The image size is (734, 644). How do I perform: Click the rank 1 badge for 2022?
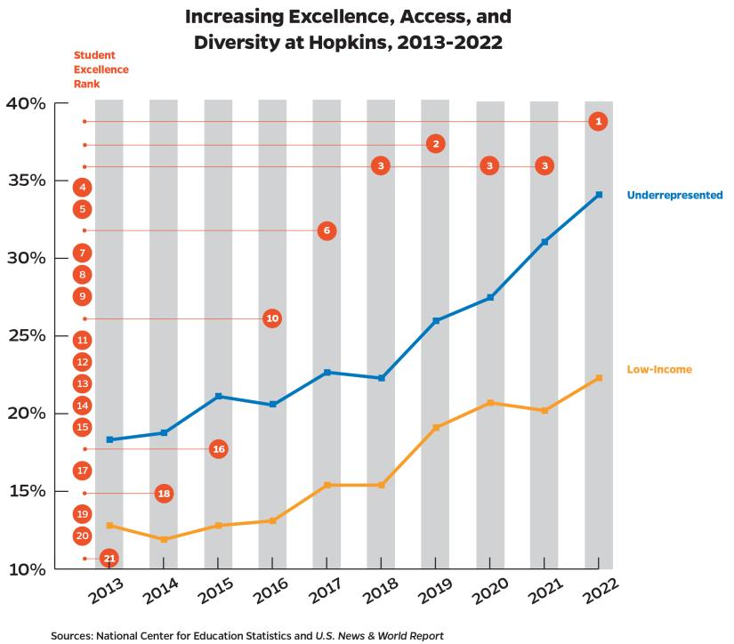[599, 121]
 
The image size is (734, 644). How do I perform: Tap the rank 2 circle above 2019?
[435, 143]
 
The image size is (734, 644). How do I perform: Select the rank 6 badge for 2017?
[327, 230]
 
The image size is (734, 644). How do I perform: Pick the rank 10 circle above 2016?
[272, 318]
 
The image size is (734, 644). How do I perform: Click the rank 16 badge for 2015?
[218, 449]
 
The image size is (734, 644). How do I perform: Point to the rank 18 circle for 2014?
[164, 493]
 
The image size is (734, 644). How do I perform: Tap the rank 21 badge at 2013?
[109, 558]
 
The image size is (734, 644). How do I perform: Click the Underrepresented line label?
[674, 195]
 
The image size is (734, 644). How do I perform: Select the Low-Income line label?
[659, 369]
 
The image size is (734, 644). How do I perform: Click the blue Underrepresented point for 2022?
[599, 195]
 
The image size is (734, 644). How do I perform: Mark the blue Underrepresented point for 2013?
[109, 439]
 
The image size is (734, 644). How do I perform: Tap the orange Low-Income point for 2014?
[164, 539]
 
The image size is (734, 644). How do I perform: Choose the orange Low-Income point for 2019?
[435, 428]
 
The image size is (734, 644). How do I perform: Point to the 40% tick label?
[26, 103]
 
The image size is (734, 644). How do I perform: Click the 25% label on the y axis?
[26, 336]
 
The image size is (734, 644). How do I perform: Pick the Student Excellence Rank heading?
[101, 69]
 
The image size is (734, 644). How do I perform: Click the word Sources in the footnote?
[75, 635]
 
